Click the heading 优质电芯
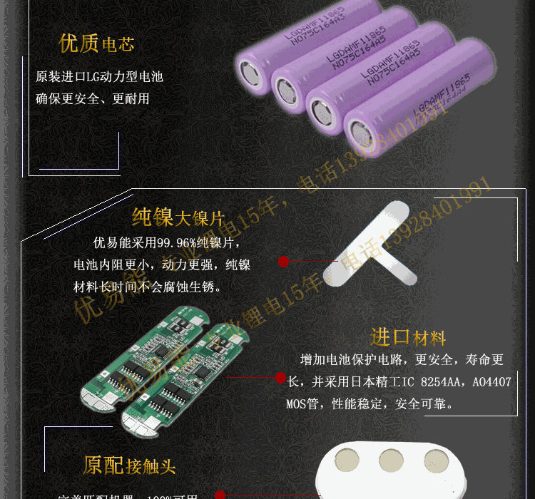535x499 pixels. point(96,43)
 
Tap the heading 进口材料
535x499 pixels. point(407,336)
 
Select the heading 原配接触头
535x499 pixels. point(128,466)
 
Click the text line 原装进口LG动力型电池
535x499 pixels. point(99,76)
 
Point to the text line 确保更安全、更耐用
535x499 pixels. point(93,98)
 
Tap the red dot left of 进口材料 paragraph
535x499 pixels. point(280,378)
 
